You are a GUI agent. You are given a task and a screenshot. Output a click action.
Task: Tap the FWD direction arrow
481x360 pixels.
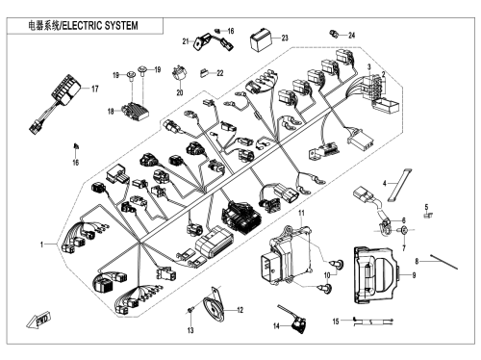38,320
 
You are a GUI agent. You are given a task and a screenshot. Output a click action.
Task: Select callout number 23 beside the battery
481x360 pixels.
285,38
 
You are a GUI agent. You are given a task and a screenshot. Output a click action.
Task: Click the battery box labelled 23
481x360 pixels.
261,39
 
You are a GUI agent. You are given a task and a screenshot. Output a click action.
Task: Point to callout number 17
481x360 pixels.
95,89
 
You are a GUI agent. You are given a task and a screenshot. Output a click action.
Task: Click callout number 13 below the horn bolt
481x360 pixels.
190,330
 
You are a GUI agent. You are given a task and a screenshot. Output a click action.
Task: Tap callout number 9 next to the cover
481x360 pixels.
414,275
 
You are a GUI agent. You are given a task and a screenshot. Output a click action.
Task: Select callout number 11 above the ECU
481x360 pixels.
301,213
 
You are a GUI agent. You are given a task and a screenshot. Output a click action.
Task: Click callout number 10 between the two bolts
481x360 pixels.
327,275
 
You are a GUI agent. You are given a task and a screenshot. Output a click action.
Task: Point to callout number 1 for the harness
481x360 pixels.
41,244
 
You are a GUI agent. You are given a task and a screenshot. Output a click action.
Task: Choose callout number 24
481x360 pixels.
352,36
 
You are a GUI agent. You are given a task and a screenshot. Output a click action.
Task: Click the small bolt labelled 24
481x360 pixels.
334,34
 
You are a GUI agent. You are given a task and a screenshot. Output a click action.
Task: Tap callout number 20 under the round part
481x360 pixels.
180,92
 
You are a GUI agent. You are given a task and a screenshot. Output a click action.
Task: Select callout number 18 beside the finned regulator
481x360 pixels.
111,112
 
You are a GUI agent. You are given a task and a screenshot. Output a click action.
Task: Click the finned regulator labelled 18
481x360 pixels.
136,111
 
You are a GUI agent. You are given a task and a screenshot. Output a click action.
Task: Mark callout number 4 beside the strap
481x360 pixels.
385,184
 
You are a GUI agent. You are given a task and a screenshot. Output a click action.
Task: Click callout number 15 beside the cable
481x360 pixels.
336,321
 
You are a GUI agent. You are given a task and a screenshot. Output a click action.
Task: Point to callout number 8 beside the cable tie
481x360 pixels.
417,261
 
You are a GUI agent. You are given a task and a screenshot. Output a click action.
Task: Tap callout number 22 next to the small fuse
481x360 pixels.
220,73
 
